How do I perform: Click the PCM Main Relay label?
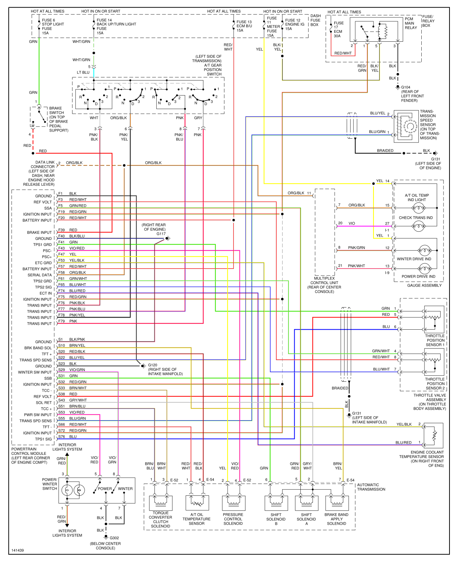[x=411, y=23]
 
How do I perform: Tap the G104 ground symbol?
[x=398, y=87]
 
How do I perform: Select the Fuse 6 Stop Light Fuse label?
[x=52, y=26]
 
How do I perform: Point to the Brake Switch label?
[x=59, y=119]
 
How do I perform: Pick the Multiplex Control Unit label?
[x=324, y=285]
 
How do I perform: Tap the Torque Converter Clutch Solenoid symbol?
[x=161, y=503]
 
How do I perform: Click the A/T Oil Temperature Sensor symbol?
[x=197, y=503]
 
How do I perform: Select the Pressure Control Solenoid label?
[x=233, y=519]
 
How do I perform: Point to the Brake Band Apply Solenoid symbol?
[x=337, y=503]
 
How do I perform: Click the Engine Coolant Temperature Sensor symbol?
[x=433, y=435]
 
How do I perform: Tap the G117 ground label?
[x=161, y=234]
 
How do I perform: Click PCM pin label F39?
[x=61, y=230]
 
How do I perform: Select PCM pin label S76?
[x=61, y=437]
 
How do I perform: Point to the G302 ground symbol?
[x=106, y=537]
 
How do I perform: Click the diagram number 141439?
[x=17, y=550]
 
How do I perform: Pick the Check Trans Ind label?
[x=416, y=217]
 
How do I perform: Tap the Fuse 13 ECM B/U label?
[x=244, y=26]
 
